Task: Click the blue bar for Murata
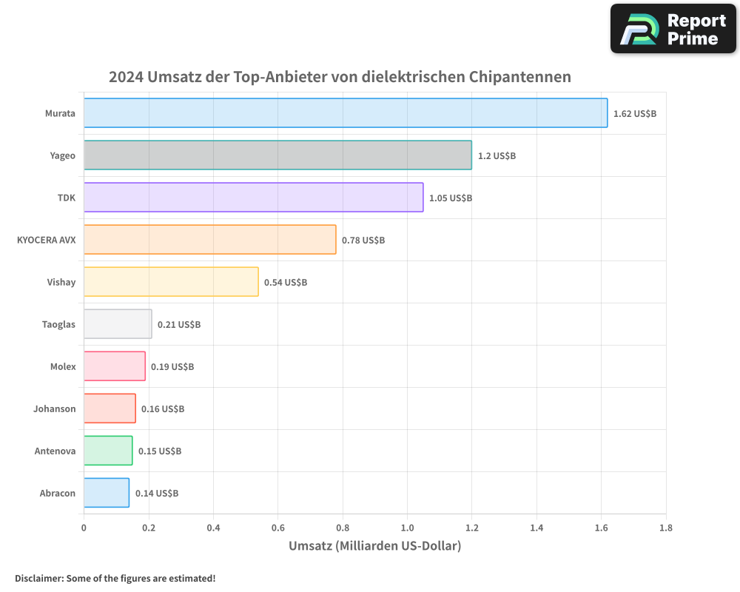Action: pos(345,113)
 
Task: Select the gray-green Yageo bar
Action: pos(277,155)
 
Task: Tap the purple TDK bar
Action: pos(253,198)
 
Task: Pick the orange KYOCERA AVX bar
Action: pos(209,240)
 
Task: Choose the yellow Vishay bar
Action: pos(171,282)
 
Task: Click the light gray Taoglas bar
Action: pos(118,324)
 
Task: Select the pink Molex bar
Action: pos(114,366)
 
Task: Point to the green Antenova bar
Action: pos(108,451)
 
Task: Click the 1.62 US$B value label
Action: pos(634,114)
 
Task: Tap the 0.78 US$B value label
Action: pos(363,240)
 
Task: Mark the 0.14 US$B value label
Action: pos(156,494)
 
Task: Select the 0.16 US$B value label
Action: pos(163,409)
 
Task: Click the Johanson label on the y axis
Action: pos(54,409)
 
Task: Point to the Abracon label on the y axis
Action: pos(57,494)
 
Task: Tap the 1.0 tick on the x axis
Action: pos(407,528)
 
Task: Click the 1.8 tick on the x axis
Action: pos(665,528)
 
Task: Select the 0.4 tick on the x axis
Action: pos(213,528)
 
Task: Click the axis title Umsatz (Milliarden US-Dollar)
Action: pos(374,546)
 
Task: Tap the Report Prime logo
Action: pos(673,29)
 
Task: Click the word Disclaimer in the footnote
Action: pos(38,578)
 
